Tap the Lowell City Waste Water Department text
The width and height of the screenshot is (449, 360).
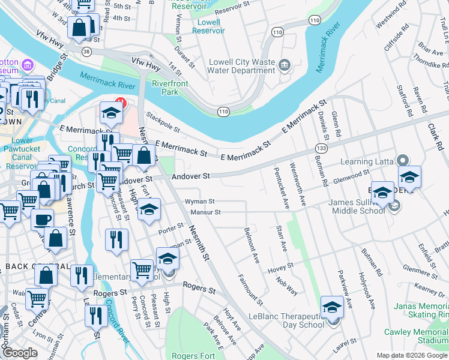[x=242, y=65]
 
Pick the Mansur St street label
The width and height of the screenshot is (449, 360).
[x=206, y=212]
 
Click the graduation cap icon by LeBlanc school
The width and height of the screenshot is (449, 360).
[x=332, y=308]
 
